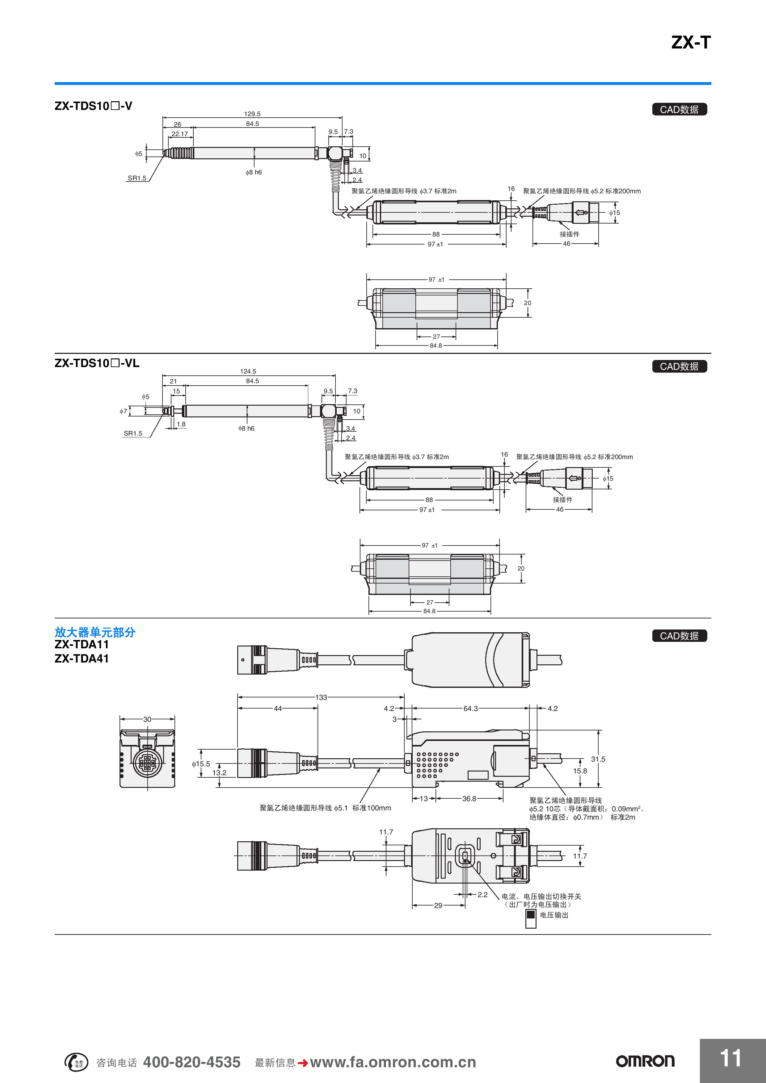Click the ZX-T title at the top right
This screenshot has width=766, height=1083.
691,43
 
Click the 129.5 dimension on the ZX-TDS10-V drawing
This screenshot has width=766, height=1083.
252,114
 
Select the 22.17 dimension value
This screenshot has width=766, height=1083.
179,134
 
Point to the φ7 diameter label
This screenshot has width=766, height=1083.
123,411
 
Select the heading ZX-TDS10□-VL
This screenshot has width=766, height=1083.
97,363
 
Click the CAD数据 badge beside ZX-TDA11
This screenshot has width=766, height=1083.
679,636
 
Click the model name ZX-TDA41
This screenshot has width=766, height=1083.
82,659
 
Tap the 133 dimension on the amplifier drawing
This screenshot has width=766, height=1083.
321,697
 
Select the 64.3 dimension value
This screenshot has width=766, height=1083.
470,709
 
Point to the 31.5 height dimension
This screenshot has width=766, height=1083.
597,759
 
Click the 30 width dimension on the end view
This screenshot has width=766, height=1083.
147,719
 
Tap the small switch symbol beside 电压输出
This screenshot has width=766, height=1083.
531,918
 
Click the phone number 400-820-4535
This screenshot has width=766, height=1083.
192,1062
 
